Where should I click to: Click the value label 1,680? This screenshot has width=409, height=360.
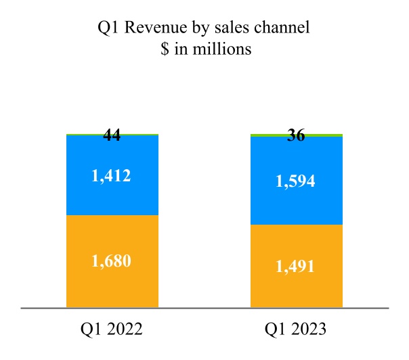click(112, 261)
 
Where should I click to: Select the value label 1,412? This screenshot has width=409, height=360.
click(112, 176)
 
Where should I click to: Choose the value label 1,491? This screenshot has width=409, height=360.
click(296, 266)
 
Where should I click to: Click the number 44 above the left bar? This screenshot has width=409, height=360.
click(112, 135)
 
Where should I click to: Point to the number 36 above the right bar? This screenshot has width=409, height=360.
click(296, 135)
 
